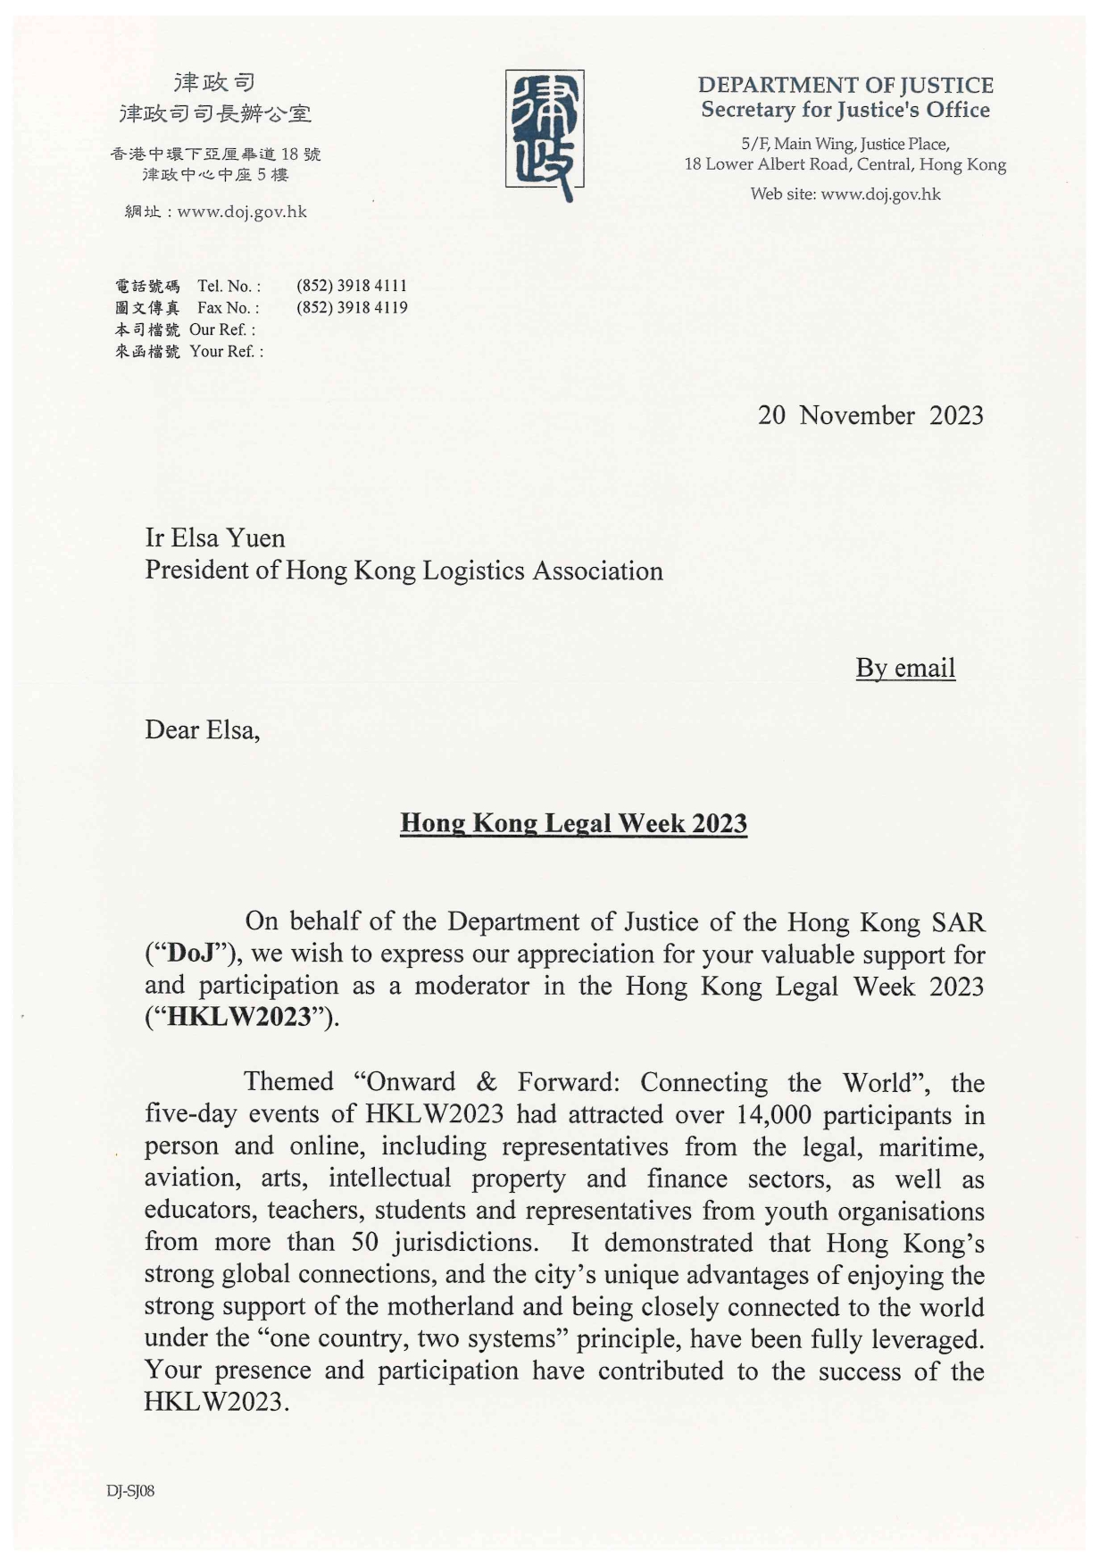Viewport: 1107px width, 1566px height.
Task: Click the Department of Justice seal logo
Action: [545, 134]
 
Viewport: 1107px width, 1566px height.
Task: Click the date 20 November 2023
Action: [870, 415]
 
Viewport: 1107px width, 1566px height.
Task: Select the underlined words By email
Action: [905, 668]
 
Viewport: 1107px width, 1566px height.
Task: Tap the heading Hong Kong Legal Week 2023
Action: [573, 822]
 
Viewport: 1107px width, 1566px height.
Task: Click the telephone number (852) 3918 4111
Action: [352, 286]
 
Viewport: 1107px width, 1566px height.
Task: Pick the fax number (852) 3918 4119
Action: [352, 307]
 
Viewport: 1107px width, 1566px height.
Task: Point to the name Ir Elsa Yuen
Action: [215, 538]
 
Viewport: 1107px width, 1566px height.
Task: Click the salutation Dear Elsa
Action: [202, 730]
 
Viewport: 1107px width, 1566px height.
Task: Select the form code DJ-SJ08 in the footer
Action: [130, 1491]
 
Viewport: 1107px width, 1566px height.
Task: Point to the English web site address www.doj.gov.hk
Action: [880, 195]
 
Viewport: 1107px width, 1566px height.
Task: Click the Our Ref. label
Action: [221, 329]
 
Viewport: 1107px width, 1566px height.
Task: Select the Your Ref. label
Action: [226, 351]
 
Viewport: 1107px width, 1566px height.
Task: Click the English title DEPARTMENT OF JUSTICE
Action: [845, 86]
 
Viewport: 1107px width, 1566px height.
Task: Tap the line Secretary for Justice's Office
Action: [845, 110]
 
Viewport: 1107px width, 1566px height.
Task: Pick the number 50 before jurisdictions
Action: [365, 1243]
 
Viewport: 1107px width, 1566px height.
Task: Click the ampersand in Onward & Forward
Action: [487, 1082]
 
